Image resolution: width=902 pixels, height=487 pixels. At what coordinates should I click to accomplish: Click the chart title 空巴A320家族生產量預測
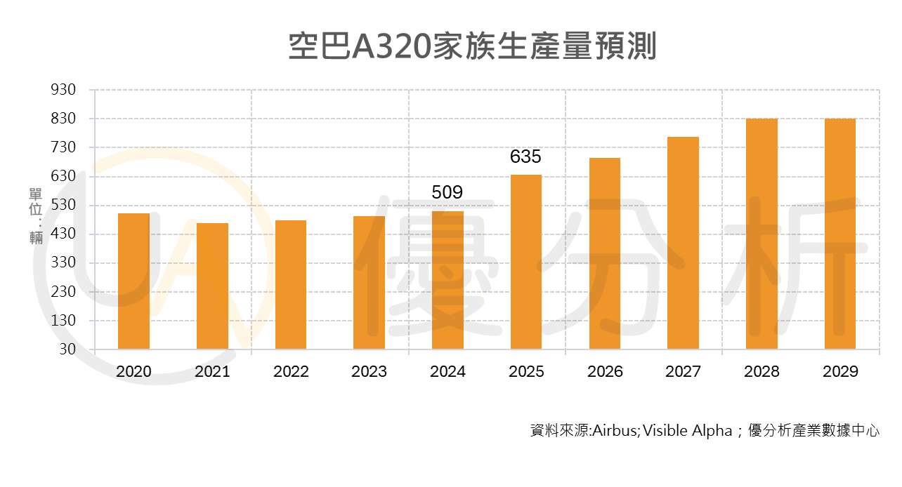point(472,46)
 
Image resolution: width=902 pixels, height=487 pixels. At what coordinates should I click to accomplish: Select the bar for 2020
point(133,281)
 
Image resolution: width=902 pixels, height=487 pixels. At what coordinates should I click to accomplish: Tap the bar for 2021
point(212,286)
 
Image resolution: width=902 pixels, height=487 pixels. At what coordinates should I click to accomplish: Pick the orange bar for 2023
point(369,282)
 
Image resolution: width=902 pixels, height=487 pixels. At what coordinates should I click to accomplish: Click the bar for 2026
point(605,253)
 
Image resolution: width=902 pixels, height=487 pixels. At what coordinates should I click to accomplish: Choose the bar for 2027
point(683,243)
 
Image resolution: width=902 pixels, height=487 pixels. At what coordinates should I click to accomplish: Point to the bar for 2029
point(840,234)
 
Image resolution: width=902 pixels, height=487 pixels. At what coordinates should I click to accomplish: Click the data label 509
point(447,192)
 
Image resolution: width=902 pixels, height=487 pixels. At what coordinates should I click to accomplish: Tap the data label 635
point(525,156)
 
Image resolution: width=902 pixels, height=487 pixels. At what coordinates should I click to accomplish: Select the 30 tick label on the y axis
point(67,349)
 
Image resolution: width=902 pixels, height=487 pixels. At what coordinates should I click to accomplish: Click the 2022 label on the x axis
point(291,372)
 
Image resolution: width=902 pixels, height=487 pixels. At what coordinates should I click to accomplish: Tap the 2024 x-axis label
point(447,372)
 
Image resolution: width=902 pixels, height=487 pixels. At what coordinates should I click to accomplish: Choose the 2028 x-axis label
point(762,372)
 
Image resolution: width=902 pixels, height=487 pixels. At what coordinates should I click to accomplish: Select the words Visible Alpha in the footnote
point(687,431)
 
